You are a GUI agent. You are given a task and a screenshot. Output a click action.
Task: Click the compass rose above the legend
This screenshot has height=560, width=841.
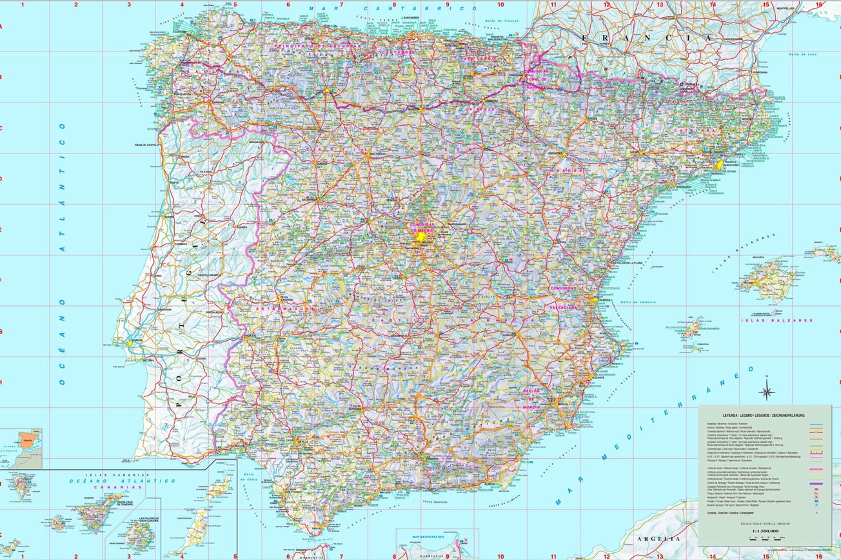click(767, 390)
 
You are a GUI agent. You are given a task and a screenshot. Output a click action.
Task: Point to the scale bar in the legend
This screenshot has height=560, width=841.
click(765, 539)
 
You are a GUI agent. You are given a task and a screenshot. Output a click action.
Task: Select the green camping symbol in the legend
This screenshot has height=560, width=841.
click(818, 514)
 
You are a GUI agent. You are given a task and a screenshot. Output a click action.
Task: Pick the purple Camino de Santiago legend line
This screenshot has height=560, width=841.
click(818, 484)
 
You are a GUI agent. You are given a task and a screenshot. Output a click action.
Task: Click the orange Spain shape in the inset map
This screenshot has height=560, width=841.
click(27, 441)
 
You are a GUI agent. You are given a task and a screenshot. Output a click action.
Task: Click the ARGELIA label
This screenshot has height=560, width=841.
click(657, 538)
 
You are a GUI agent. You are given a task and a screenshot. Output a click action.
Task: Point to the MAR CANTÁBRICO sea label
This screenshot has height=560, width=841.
click(393, 9)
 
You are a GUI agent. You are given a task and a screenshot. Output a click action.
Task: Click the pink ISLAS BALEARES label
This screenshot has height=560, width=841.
click(777, 320)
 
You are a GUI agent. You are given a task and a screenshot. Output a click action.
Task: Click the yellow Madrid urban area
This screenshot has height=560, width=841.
click(420, 237)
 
